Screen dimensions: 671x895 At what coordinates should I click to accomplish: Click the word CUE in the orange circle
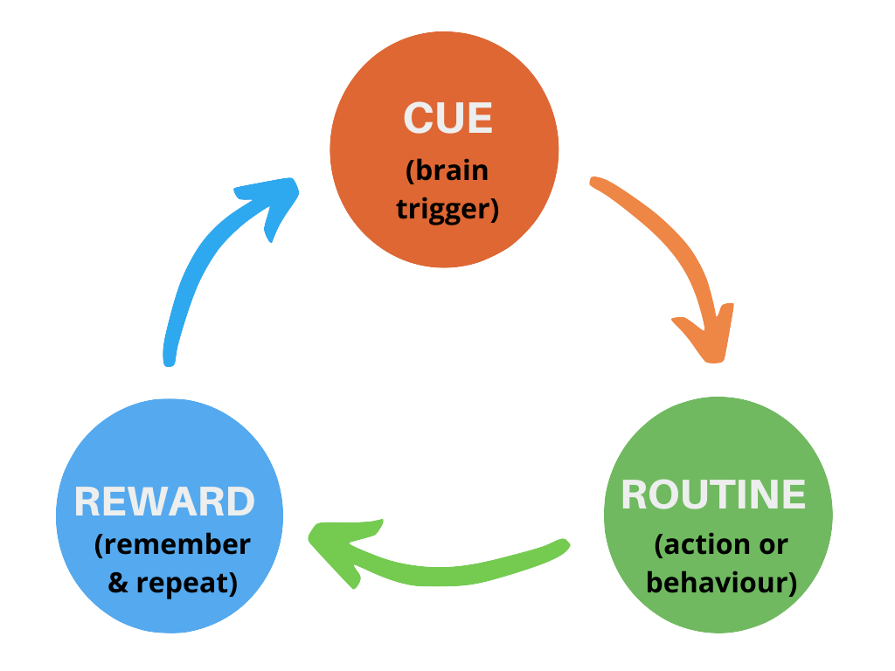click(447, 119)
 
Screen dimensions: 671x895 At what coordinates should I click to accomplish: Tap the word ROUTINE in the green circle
click(713, 495)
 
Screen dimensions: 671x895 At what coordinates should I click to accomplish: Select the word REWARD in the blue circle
click(164, 502)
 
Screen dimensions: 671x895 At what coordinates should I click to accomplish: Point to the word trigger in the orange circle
click(447, 210)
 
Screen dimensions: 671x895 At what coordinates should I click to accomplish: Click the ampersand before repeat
click(118, 583)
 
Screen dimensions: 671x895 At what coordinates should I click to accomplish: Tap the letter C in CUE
click(418, 119)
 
